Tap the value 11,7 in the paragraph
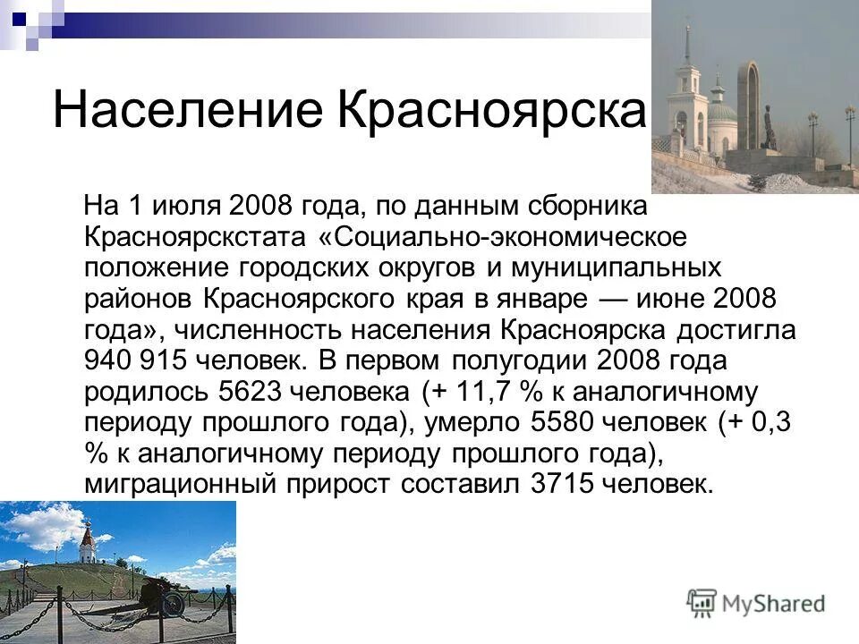[487, 392]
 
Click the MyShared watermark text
[774, 604]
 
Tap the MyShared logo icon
[702, 604]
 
